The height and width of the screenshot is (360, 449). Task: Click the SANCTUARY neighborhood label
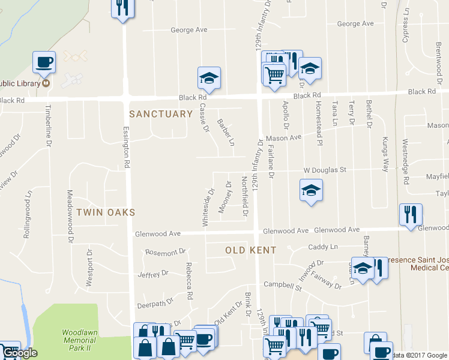click(x=161, y=113)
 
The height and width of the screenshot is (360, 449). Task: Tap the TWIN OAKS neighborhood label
click(x=105, y=212)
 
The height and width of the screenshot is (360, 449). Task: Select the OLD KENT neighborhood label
click(x=250, y=250)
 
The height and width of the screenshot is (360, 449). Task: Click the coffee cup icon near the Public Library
click(x=44, y=62)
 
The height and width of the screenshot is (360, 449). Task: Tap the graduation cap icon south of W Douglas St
click(x=310, y=190)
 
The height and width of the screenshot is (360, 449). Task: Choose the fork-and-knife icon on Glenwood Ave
click(x=411, y=215)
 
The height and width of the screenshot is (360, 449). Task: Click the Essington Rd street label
click(x=127, y=146)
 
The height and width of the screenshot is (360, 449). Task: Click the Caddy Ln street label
click(x=323, y=247)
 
